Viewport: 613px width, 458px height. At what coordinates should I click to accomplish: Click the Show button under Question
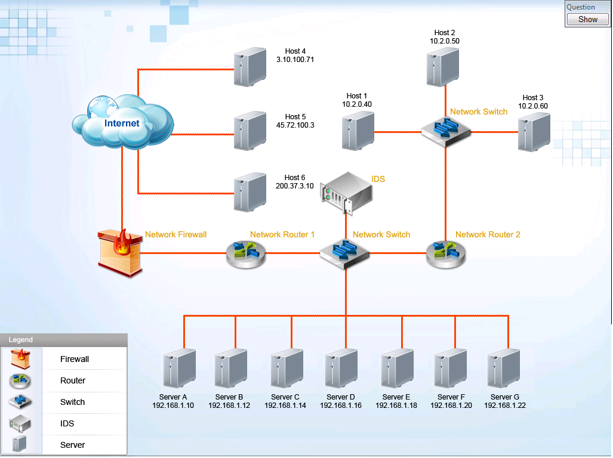click(587, 20)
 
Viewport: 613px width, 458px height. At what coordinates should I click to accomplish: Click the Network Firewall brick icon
click(121, 253)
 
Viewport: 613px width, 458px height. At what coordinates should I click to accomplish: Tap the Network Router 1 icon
click(245, 253)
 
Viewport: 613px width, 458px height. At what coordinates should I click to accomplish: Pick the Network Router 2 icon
click(446, 253)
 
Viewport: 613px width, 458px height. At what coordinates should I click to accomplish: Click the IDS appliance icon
click(346, 191)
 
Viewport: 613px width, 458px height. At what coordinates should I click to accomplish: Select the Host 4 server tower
click(249, 67)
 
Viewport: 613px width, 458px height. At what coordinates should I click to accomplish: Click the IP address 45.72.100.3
click(295, 125)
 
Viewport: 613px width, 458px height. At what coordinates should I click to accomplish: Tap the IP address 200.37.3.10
click(295, 186)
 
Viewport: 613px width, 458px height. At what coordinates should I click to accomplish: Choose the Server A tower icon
click(180, 369)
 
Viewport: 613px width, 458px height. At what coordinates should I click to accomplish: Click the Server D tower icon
click(341, 369)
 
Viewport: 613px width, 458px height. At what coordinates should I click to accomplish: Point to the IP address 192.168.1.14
click(285, 406)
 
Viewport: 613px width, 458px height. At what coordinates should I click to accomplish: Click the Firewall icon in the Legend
click(20, 359)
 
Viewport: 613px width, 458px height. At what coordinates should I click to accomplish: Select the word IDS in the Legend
click(67, 423)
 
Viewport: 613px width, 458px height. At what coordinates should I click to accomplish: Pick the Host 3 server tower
click(534, 132)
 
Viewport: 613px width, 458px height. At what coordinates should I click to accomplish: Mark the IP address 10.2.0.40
click(357, 104)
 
